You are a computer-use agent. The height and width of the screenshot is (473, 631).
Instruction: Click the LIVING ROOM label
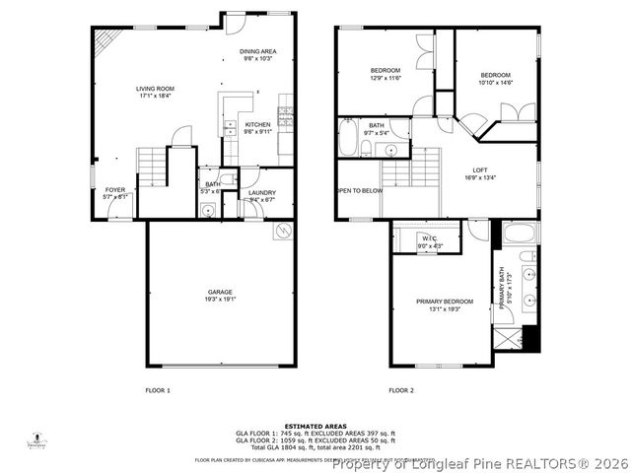pyautogui.click(x=155, y=89)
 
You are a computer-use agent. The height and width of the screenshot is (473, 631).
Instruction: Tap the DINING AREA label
pyautogui.click(x=258, y=51)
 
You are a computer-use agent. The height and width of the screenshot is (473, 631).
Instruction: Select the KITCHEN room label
pyautogui.click(x=258, y=125)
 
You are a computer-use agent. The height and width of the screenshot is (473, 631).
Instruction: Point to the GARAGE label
pyautogui.click(x=219, y=292)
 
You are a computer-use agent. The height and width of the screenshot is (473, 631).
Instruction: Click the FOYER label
pyautogui.click(x=116, y=190)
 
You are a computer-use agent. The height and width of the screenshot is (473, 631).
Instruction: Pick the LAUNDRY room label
pyautogui.click(x=261, y=192)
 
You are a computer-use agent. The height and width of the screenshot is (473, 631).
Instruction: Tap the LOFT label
pyautogui.click(x=480, y=171)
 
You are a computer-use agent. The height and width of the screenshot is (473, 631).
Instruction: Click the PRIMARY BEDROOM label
pyautogui.click(x=444, y=302)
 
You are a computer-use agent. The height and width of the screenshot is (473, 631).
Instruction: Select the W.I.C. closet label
pyautogui.click(x=430, y=238)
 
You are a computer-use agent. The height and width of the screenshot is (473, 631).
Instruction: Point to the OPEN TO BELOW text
pyautogui.click(x=359, y=190)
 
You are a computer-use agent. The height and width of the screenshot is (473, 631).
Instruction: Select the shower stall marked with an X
pyautogui.click(x=509, y=340)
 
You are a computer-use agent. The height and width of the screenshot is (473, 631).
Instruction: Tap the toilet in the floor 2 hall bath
pyautogui.click(x=366, y=149)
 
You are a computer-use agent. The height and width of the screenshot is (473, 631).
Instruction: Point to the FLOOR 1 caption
pyautogui.click(x=158, y=391)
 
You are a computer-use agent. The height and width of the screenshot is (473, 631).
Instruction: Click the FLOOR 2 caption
pyautogui.click(x=400, y=391)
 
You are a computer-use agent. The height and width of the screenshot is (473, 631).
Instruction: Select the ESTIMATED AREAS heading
pyautogui.click(x=315, y=426)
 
